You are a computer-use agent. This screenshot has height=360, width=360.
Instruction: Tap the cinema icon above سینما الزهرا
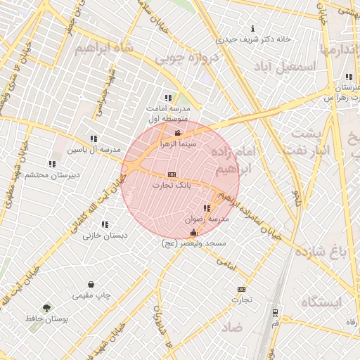pos(177,133)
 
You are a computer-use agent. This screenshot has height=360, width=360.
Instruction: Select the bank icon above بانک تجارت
pos(172,174)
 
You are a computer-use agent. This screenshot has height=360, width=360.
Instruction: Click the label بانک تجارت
pos(172,185)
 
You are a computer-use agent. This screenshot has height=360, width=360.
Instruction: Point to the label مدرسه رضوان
pos(207,219)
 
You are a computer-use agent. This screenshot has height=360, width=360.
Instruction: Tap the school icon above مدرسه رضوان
pos(207,209)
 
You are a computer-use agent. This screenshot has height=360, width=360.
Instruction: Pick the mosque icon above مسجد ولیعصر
pos(193,232)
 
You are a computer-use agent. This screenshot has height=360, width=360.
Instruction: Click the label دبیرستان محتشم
pos(53,174)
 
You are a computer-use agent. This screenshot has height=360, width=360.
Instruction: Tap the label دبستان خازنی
pos(105,236)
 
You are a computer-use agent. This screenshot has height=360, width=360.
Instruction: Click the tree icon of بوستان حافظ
pos(46,308)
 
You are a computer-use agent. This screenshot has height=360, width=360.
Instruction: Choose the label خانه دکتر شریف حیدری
pos(253,39)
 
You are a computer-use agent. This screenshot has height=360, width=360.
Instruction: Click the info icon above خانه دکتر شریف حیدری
pos(253,29)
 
